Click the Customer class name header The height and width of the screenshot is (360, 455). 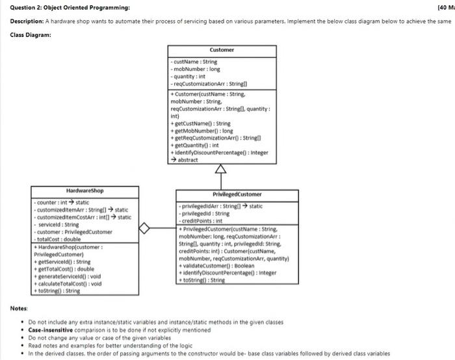[222, 50]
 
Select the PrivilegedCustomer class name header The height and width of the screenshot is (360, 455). [237, 194]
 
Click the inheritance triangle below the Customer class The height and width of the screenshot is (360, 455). [222, 170]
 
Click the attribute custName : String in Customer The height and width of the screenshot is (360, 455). [194, 62]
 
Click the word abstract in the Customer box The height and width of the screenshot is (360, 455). [187, 159]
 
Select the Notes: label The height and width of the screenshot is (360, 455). [19, 307]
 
